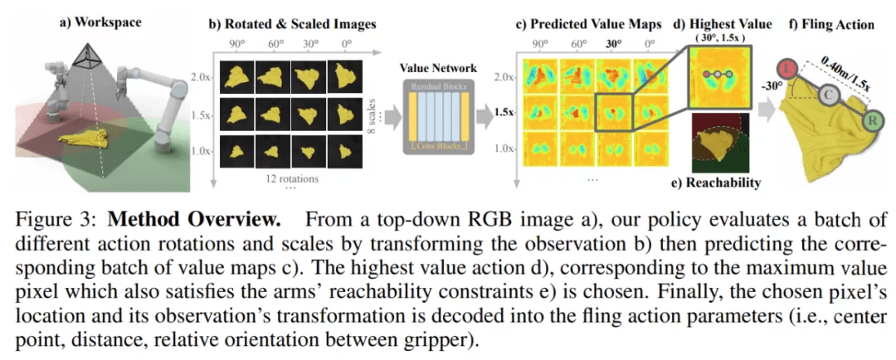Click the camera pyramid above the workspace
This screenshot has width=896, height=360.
coord(86,57)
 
